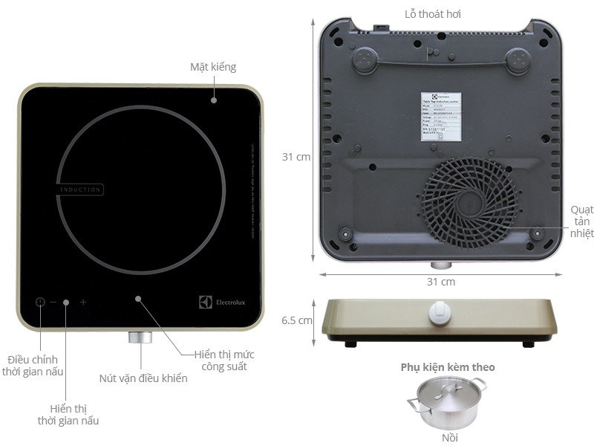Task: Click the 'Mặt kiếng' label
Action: tap(212, 68)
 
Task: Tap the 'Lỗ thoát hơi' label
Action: tap(437, 14)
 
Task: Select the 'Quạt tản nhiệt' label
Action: tap(582, 221)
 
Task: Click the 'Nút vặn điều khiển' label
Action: tap(143, 378)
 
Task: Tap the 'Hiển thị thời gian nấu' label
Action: tap(68, 415)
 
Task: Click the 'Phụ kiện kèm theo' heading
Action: tap(448, 367)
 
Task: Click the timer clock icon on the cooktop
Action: tap(40, 303)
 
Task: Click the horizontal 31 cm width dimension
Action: tap(441, 282)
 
